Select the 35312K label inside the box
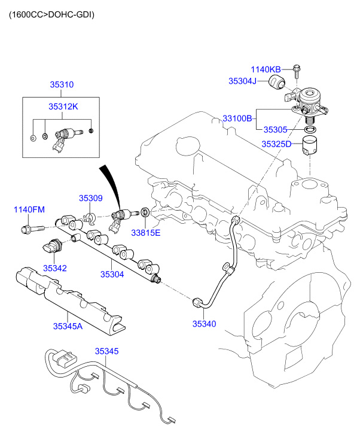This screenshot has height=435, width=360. coord(63,107)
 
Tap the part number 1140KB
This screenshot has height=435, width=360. coord(265,69)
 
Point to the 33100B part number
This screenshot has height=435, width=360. coord(237,119)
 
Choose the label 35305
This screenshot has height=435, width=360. coord(276,129)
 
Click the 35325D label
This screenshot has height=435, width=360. coord(276,144)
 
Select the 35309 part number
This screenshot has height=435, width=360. coord(91,197)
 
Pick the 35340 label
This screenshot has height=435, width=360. coord(204,324)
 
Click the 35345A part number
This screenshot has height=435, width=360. coord(68,326)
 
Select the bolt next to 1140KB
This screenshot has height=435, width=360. coord(297,71)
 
